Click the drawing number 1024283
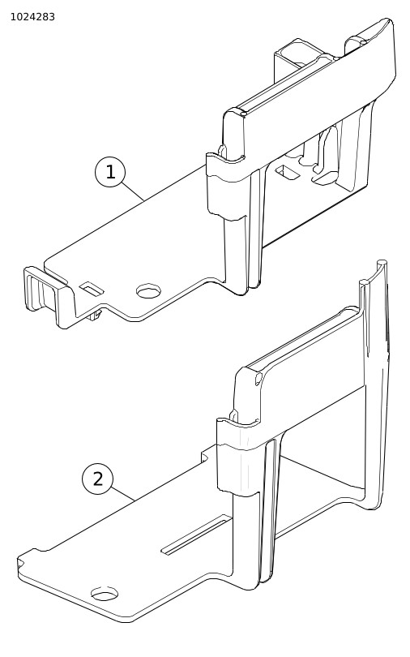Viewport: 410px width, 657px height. tap(32, 17)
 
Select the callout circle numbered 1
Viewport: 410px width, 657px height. tap(110, 172)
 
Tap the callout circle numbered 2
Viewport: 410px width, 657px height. tap(98, 479)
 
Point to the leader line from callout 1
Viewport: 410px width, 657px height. tap(134, 192)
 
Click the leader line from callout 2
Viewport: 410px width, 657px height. tap(123, 495)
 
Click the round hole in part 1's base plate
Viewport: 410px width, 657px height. tap(149, 291)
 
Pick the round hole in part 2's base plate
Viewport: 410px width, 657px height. tap(105, 593)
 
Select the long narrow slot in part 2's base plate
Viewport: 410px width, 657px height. tap(196, 535)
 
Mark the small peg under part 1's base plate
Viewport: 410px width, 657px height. tap(96, 315)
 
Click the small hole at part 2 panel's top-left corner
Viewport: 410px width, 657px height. tap(258, 380)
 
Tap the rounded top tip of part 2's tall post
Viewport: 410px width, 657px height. tap(382, 264)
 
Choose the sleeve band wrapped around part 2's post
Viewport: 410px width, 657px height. tap(237, 456)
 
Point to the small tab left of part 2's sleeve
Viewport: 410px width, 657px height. tap(208, 456)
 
